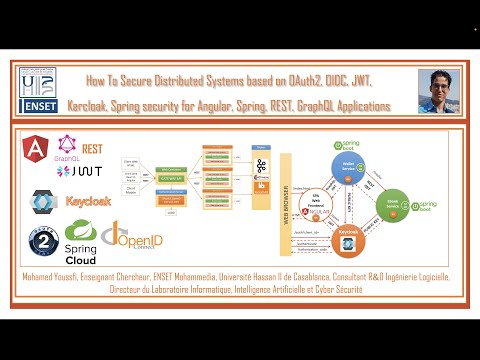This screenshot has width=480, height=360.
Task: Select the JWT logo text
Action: [x=81, y=171]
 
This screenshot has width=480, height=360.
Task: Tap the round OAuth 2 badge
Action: [x=38, y=242]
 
